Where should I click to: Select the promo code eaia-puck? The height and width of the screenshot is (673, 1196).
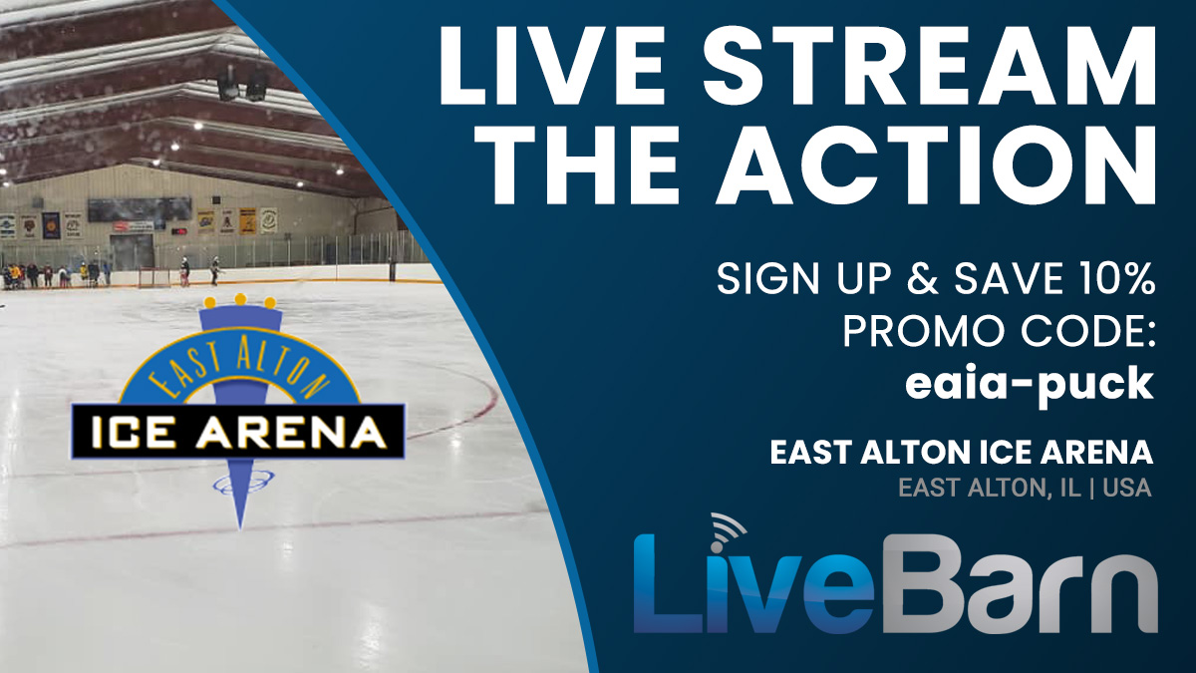pyautogui.click(x=1030, y=385)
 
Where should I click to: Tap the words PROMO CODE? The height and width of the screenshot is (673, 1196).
pyautogui.click(x=999, y=331)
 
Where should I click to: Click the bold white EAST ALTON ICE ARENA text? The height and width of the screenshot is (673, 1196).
pyautogui.click(x=961, y=453)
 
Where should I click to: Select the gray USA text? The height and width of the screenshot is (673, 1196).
pyautogui.click(x=1126, y=488)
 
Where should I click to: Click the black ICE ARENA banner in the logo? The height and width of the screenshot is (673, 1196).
pyautogui.click(x=238, y=432)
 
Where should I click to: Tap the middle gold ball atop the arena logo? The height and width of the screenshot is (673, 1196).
pyautogui.click(x=240, y=299)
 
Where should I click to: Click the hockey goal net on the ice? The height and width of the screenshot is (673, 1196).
pyautogui.click(x=150, y=277)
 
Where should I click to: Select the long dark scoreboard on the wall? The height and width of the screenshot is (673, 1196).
pyautogui.click(x=140, y=209)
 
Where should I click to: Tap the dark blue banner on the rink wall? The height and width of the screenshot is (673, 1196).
pyautogui.click(x=51, y=225)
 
